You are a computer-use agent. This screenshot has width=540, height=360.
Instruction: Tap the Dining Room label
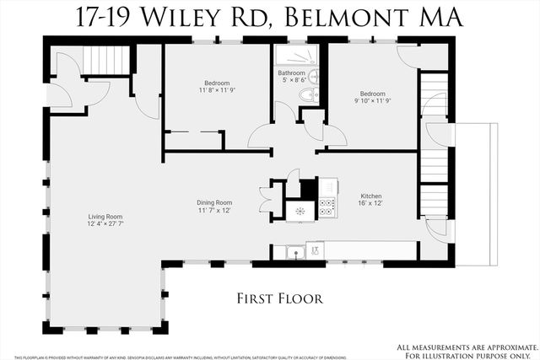point(215,202)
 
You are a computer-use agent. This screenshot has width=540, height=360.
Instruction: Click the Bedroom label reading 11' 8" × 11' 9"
point(217,83)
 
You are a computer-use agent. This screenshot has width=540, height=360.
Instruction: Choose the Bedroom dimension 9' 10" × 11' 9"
point(373,100)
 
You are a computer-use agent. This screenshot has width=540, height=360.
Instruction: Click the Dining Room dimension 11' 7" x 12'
point(215,210)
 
